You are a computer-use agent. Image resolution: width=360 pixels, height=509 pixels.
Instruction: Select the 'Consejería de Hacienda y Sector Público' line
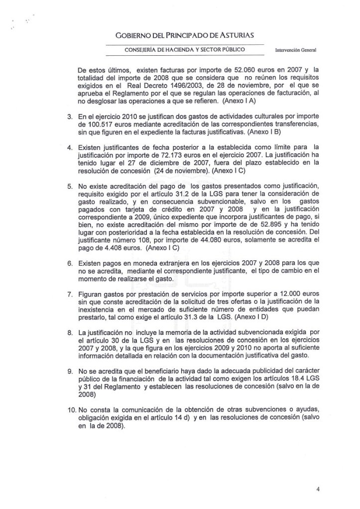185,50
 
